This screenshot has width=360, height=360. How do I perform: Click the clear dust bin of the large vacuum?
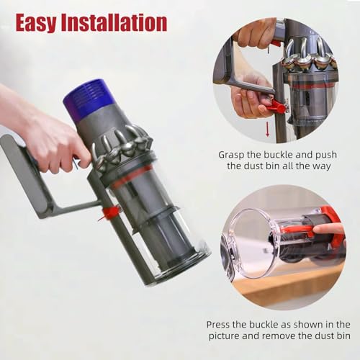pos(162,230)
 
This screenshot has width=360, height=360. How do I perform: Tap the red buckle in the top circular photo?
pos(274,107)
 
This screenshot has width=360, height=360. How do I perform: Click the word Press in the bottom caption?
pos(221,325)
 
